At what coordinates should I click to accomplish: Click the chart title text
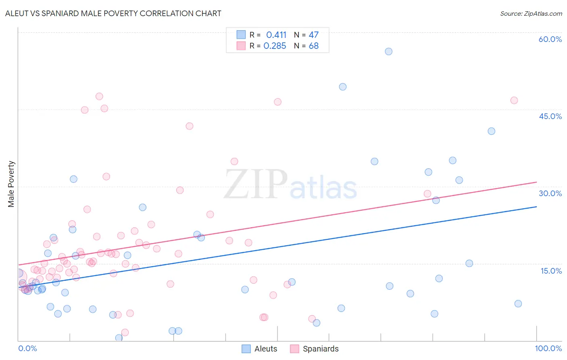click(113, 13)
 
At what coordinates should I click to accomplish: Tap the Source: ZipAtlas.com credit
click(531, 14)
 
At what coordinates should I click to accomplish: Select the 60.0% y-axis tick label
click(550, 39)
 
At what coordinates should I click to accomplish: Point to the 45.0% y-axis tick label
click(550, 116)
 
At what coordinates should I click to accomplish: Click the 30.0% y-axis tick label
click(550, 193)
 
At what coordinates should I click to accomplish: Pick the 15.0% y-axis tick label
click(551, 271)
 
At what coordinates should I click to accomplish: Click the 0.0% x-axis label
click(27, 348)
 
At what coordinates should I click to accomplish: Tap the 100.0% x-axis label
click(548, 348)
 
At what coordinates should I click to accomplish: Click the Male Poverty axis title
click(11, 184)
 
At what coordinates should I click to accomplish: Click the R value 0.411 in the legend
click(276, 35)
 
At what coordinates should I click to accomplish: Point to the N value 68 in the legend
click(314, 46)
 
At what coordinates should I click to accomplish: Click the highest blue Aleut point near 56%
click(388, 51)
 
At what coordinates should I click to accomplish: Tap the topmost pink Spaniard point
click(99, 96)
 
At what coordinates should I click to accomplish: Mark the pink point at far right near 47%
click(514, 100)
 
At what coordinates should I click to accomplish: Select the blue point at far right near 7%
click(518, 303)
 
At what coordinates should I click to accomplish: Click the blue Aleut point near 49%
click(343, 87)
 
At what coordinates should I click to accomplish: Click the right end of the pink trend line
click(536, 182)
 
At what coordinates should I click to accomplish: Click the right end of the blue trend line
click(536, 207)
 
